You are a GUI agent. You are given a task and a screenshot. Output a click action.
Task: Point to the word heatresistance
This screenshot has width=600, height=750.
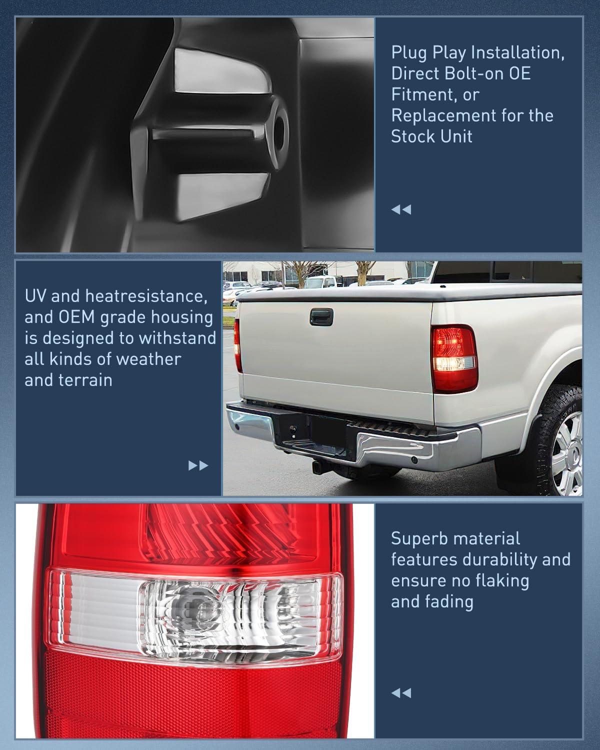click(146, 296)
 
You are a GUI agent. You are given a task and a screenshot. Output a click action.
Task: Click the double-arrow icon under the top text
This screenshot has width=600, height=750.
click(401, 209)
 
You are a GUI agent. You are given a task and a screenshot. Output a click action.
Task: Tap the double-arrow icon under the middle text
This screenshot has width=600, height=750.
click(198, 466)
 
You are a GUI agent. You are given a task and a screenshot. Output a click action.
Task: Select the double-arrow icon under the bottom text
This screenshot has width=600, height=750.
click(401, 693)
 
